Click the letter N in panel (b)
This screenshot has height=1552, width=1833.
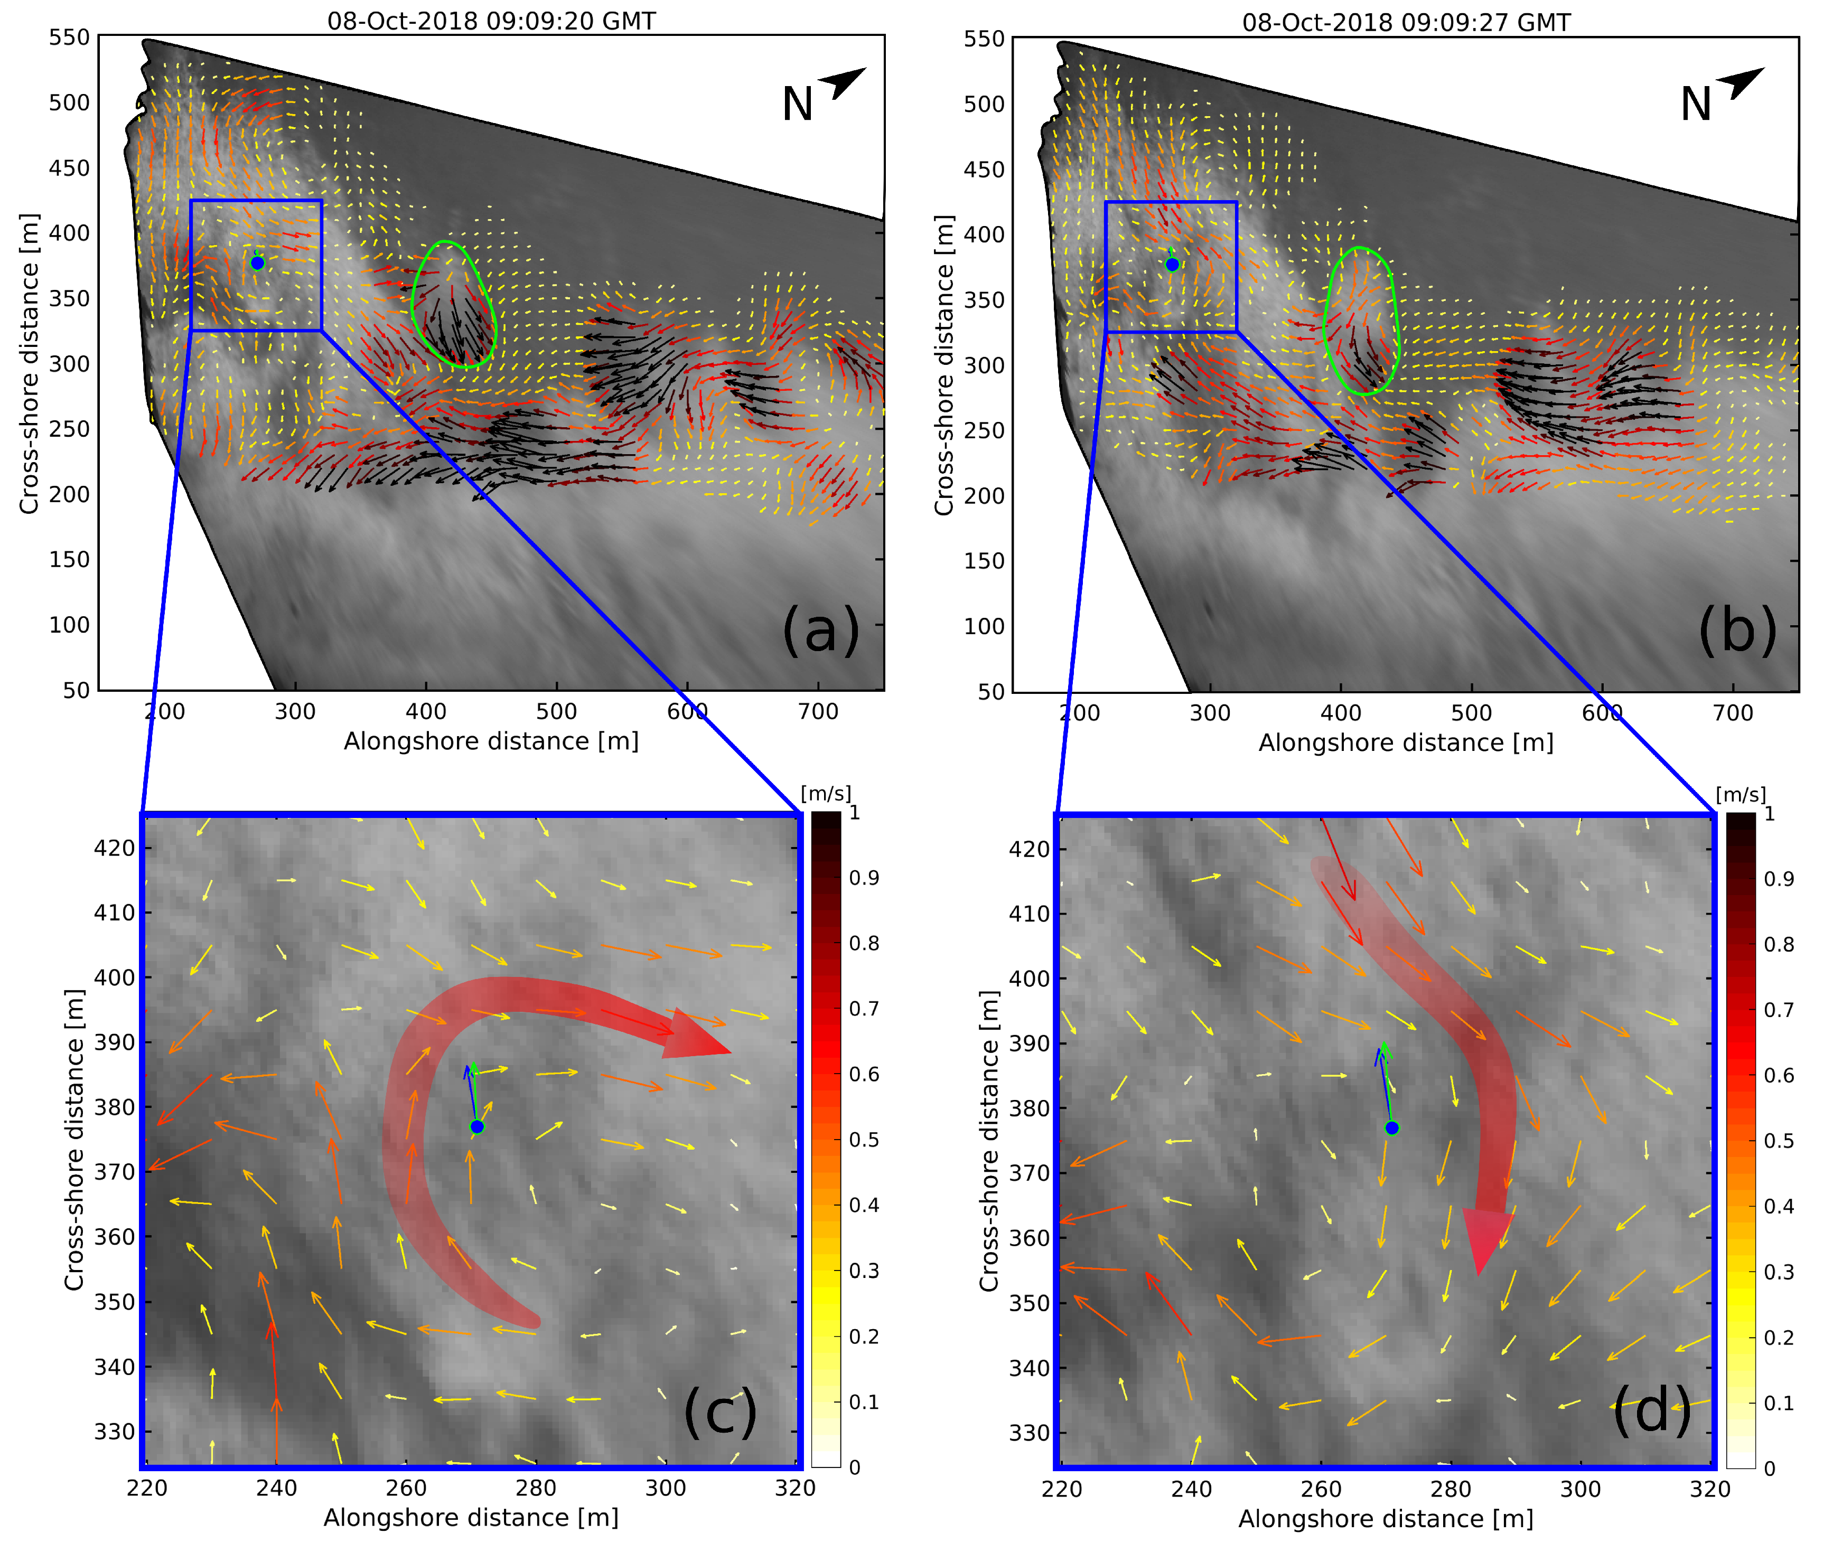(1696, 105)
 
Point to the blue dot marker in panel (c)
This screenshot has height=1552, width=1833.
(477, 1126)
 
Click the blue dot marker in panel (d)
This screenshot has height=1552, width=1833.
(1391, 1128)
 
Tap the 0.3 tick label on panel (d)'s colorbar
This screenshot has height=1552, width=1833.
(1779, 1272)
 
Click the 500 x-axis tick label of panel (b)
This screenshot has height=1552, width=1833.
(1471, 713)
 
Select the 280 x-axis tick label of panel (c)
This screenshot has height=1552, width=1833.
(535, 1488)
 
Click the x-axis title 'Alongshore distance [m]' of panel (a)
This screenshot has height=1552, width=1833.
(491, 741)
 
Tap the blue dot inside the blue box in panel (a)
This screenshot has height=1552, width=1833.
(257, 262)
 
